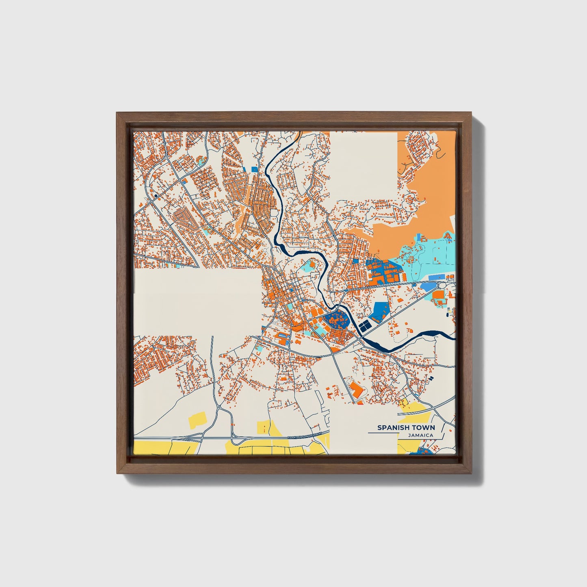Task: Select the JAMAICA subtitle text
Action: pyautogui.click(x=421, y=435)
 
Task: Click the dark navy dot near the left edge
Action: pyautogui.click(x=156, y=196)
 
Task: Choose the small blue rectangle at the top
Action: pyautogui.click(x=254, y=169)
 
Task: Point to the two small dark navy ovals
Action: pyautogui.click(x=431, y=378)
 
